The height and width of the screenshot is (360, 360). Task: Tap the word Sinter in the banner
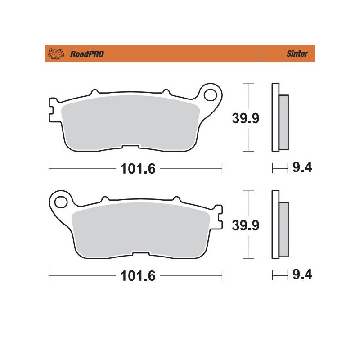click(297, 54)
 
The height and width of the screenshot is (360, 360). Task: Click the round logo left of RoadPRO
click(56, 54)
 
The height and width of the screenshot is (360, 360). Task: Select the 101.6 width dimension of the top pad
click(135, 169)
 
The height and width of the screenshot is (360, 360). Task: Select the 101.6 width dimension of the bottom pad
click(135, 275)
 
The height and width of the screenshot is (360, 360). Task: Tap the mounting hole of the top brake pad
click(210, 95)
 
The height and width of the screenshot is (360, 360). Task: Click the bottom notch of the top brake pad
click(131, 147)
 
